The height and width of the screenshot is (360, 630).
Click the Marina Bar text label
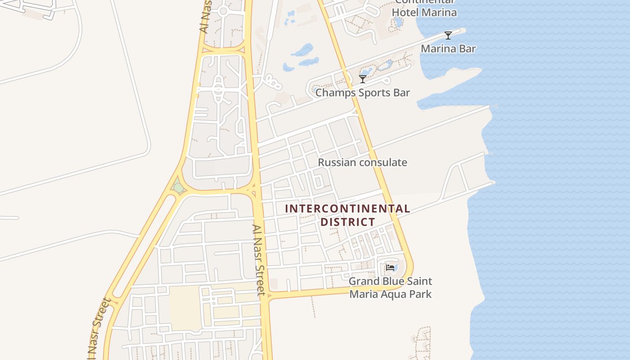click(x=448, y=49)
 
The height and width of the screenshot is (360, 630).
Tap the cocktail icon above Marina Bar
click(x=448, y=36)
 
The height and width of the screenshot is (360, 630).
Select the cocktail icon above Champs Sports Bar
click(x=362, y=79)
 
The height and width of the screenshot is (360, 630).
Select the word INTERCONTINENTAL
click(x=347, y=209)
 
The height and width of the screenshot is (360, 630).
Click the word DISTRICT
click(x=347, y=222)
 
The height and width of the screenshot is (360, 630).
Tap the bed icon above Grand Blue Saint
click(x=390, y=268)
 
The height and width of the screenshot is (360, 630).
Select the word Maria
click(x=363, y=294)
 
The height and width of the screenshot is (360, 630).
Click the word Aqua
click(x=392, y=294)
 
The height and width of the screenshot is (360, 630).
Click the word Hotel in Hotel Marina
click(x=405, y=12)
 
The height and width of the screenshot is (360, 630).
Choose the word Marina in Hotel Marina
click(x=440, y=12)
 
